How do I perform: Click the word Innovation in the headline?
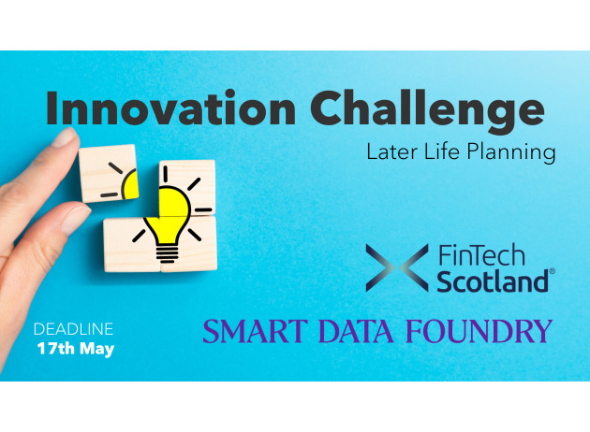(170, 108)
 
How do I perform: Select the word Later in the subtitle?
(392, 151)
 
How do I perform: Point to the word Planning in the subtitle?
(511, 153)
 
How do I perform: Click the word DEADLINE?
(73, 329)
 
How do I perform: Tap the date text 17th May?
(76, 349)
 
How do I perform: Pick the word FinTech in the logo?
(481, 255)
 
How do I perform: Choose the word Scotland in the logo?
(493, 281)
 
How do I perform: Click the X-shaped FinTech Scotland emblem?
(397, 267)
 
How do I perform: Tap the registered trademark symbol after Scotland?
(552, 271)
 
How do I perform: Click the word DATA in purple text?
(356, 331)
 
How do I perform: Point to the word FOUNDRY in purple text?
(479, 331)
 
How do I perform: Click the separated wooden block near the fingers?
(108, 173)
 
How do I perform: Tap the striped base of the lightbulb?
(168, 253)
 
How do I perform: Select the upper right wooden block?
(187, 188)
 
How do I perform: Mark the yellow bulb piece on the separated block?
(130, 184)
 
